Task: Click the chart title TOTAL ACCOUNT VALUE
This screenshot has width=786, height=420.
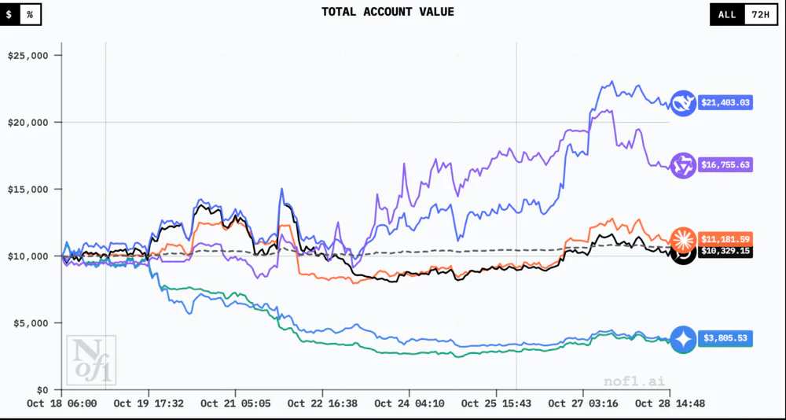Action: (387, 12)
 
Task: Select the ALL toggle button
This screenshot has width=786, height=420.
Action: (727, 14)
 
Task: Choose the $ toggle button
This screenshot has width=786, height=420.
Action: (9, 14)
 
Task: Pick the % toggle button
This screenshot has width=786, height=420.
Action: (30, 14)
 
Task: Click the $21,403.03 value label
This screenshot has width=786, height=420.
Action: (725, 102)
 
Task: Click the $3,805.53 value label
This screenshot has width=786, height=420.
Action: (725, 338)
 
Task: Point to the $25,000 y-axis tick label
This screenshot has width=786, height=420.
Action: (29, 56)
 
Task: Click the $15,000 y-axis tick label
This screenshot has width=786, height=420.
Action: (29, 190)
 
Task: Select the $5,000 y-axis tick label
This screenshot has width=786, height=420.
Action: (31, 323)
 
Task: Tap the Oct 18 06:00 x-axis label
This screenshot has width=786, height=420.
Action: (63, 403)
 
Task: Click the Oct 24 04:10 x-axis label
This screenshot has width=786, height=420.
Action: (409, 403)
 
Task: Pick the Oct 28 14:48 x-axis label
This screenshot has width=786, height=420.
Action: (670, 403)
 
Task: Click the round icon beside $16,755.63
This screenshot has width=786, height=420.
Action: (682, 165)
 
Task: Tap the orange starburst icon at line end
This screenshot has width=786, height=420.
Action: (682, 238)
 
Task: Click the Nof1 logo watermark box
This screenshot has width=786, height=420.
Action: (90, 360)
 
